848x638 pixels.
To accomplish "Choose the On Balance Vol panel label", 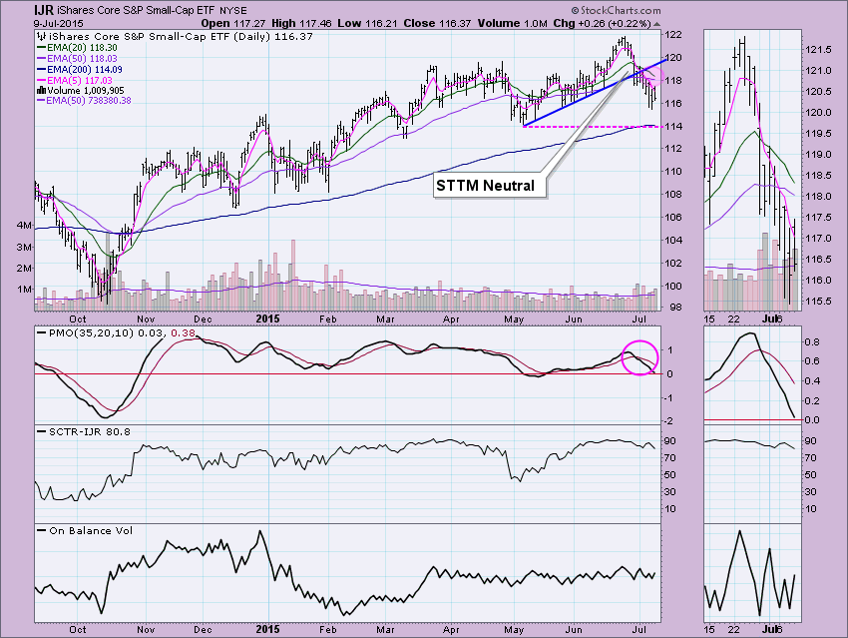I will click(x=89, y=530).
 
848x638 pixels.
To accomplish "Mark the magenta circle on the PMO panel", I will click(x=640, y=357).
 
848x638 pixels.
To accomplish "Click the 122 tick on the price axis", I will click(x=676, y=35).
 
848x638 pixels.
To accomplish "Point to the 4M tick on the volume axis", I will click(x=22, y=226).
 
